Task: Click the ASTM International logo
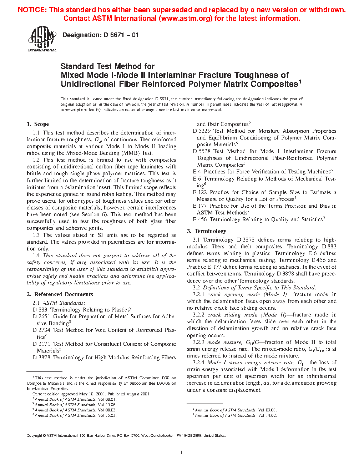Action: tap(42, 39)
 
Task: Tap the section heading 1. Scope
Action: tap(38, 124)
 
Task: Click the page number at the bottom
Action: tap(182, 453)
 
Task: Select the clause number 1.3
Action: tap(36, 235)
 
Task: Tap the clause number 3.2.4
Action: tap(198, 363)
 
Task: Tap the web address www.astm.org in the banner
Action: tap(187, 19)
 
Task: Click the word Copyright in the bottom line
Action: tap(35, 436)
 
